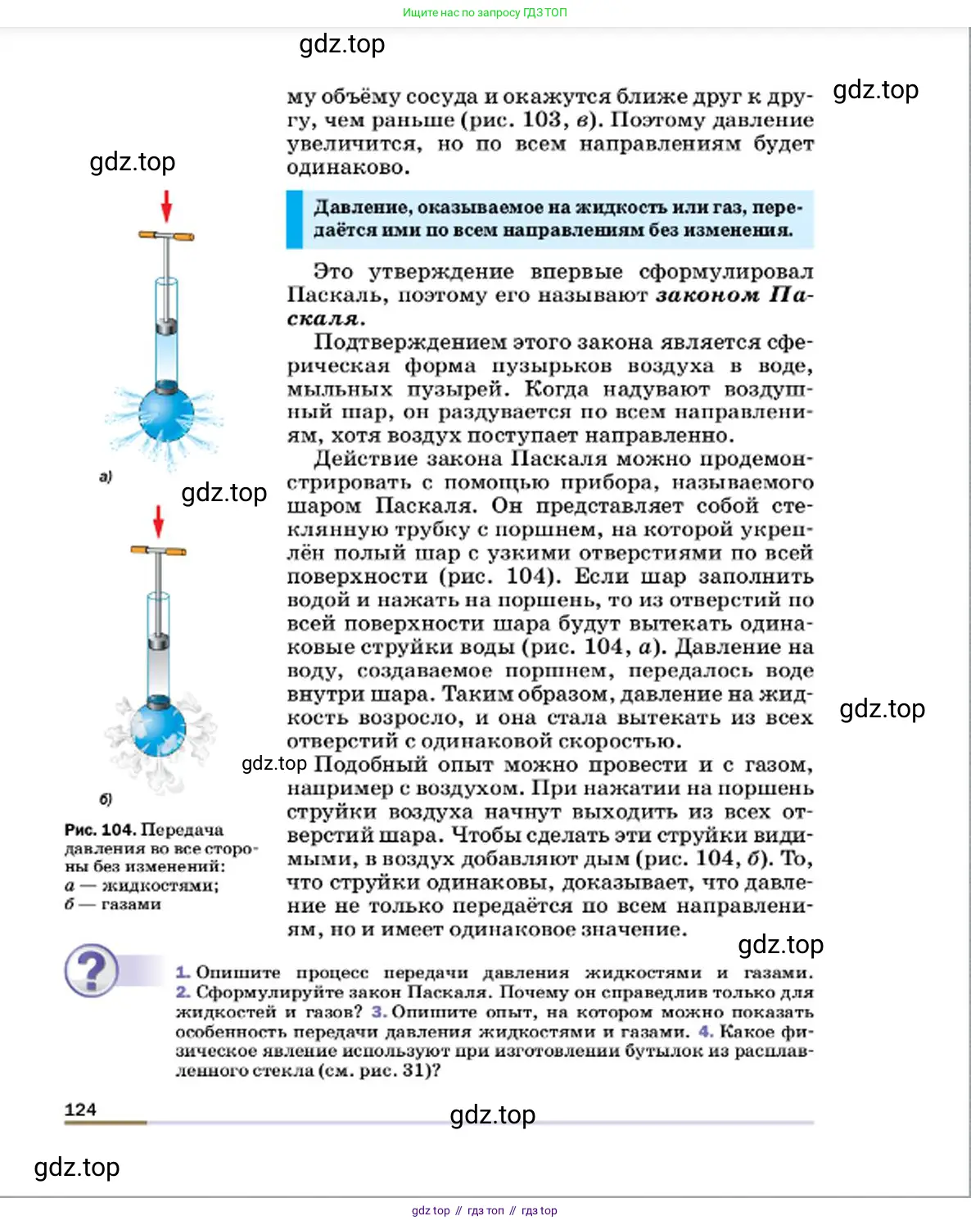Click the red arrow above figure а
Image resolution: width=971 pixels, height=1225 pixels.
tap(167, 206)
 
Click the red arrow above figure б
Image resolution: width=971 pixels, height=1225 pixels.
tap(159, 521)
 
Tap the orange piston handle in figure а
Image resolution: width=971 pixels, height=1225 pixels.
tap(167, 237)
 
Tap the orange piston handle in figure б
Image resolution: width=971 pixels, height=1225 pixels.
tap(159, 551)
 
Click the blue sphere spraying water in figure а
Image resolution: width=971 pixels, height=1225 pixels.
tap(166, 414)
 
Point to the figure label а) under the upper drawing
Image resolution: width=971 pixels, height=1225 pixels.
tap(106, 476)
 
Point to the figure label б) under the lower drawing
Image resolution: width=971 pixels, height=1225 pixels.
tap(106, 798)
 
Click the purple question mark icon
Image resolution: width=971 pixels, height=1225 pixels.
tap(92, 970)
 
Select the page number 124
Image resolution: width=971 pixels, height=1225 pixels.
tap(80, 1110)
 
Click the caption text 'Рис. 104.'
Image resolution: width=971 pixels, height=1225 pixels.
tap(100, 829)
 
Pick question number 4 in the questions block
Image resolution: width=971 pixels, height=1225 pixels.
tap(706, 1032)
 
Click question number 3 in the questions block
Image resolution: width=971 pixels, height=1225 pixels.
tap(378, 1012)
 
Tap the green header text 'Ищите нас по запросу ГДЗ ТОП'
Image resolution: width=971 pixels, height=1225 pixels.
tap(485, 12)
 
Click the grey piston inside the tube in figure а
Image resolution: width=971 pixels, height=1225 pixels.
tap(167, 327)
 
